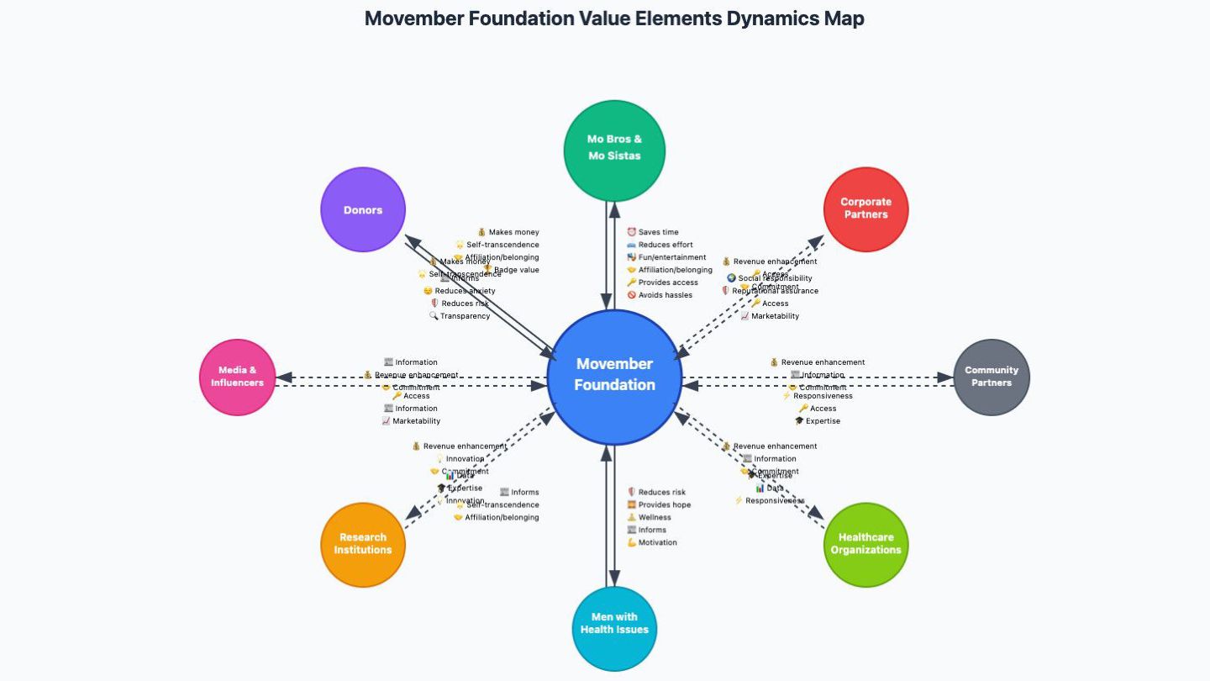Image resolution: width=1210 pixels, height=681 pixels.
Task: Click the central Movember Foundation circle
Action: [x=614, y=375]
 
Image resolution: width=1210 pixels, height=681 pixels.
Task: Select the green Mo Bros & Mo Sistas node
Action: [x=614, y=149]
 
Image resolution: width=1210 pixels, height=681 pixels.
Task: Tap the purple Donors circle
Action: [x=363, y=209]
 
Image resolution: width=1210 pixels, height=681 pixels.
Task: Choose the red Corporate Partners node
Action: [x=865, y=209]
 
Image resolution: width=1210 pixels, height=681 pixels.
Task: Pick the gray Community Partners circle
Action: [x=992, y=377]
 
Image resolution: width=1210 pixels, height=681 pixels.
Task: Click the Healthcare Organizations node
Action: [x=865, y=544]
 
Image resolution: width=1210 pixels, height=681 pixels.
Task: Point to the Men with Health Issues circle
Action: [x=614, y=623]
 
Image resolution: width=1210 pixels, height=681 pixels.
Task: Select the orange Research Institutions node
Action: [x=363, y=544]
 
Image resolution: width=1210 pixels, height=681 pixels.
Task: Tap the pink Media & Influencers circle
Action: [x=238, y=377]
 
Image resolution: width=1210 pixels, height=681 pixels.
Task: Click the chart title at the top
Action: [x=614, y=18]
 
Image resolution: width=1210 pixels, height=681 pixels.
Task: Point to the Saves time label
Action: [x=658, y=232]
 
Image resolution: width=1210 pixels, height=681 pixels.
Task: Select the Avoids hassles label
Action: [x=665, y=295]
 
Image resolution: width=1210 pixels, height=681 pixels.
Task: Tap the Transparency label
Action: [x=465, y=316]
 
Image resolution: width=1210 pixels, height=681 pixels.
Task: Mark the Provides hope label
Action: [x=664, y=504]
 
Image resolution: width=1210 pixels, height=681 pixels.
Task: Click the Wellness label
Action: [x=655, y=517]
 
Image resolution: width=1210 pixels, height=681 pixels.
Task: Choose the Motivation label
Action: [x=657, y=542]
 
